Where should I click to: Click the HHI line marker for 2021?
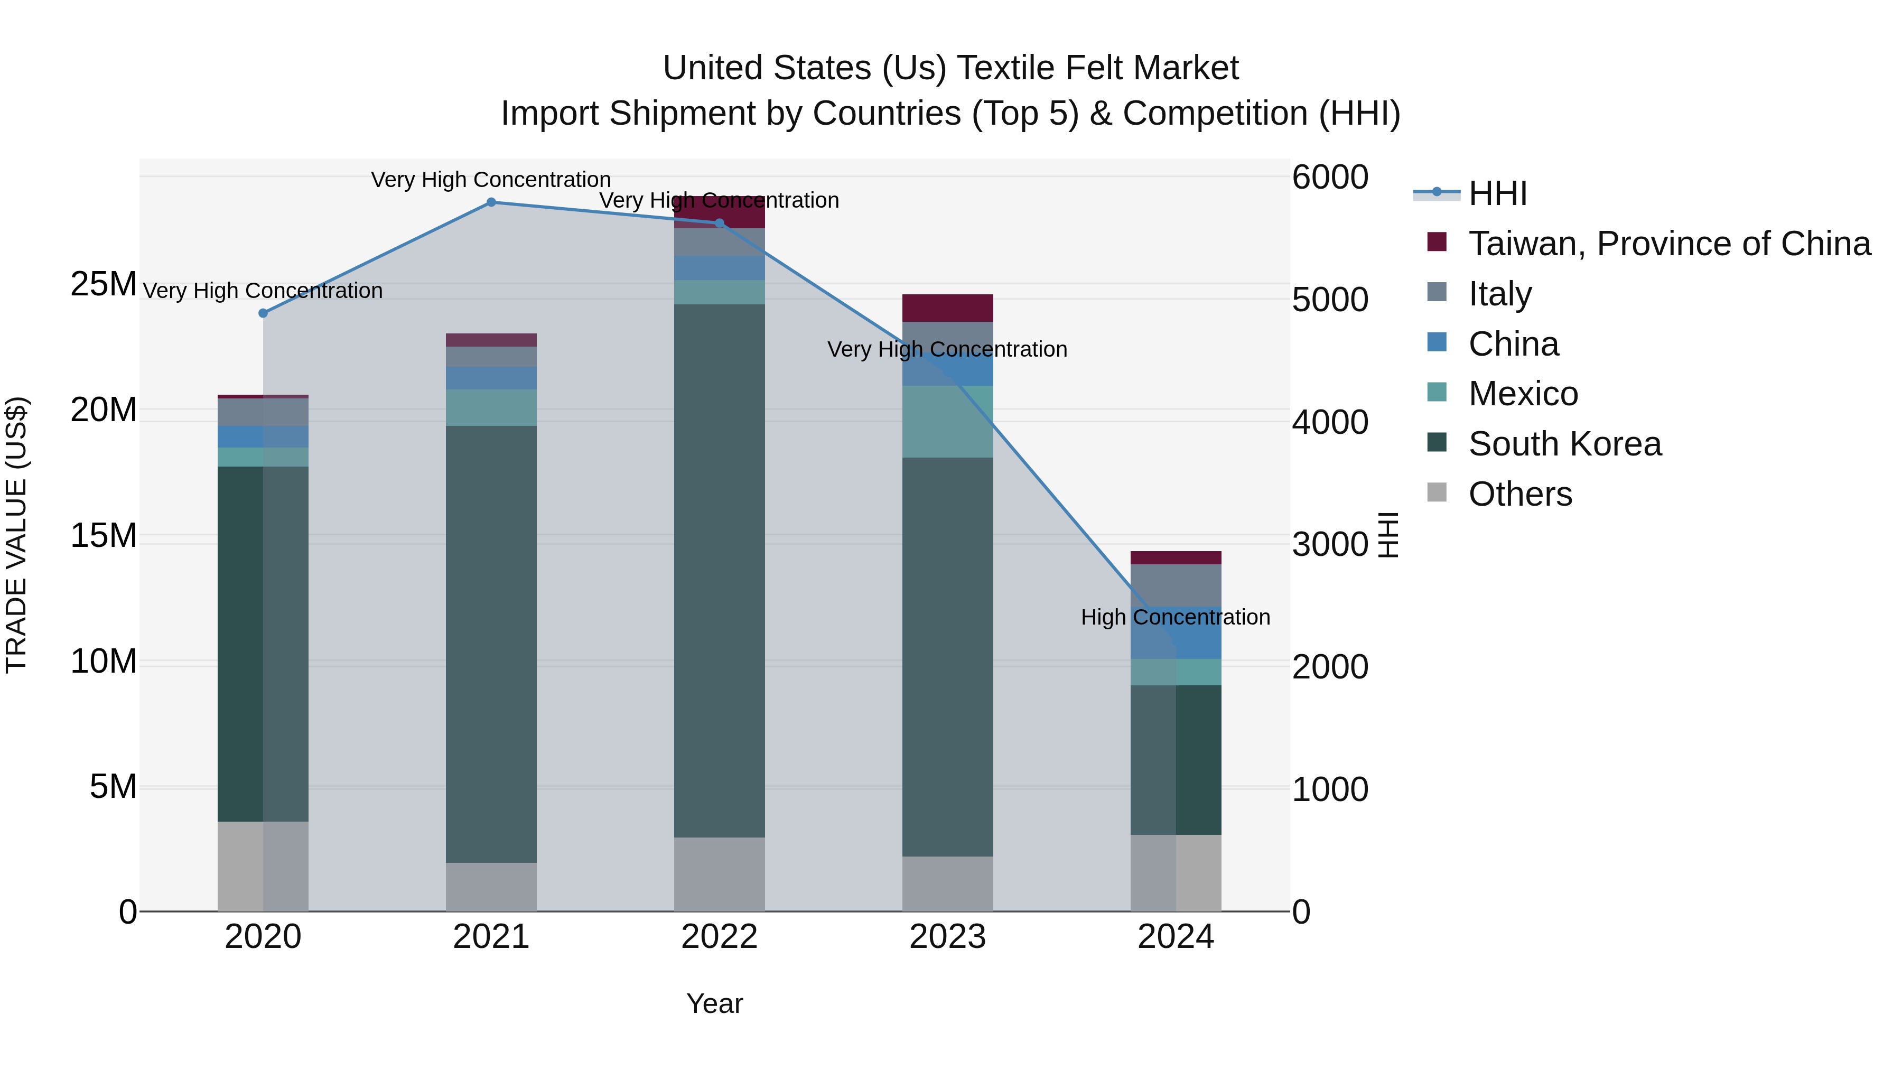[x=491, y=202]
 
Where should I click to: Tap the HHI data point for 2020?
[x=263, y=313]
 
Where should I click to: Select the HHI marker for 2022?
[x=719, y=223]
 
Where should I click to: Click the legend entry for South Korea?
[x=1564, y=444]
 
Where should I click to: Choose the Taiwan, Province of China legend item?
[x=1668, y=244]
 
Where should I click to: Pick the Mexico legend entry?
[x=1523, y=394]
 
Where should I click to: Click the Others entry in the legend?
[x=1519, y=494]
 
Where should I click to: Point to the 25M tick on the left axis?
[x=104, y=284]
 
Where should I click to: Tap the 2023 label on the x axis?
[x=947, y=937]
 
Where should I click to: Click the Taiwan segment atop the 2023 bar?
[x=947, y=308]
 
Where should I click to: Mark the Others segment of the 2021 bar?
[x=491, y=886]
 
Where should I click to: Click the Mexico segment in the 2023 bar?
[x=947, y=422]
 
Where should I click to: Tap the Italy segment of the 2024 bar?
[x=1176, y=585]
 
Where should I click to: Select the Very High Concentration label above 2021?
[x=490, y=180]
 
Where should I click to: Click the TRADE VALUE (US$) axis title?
[x=16, y=535]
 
